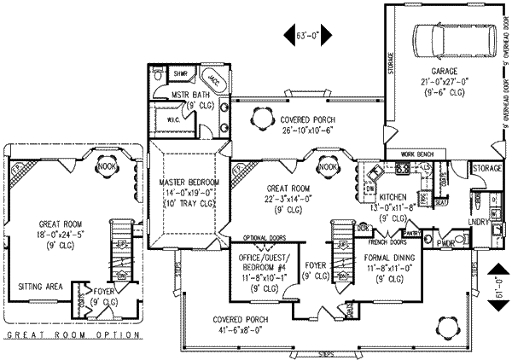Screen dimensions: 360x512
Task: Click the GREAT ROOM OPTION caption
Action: [x=73, y=336]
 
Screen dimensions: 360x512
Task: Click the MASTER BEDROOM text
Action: [x=189, y=183]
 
